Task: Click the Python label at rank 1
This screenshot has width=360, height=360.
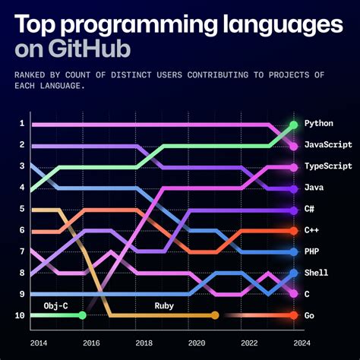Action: (x=319, y=123)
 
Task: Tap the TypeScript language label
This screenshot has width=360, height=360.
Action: (x=328, y=166)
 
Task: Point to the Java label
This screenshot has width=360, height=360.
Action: (x=314, y=188)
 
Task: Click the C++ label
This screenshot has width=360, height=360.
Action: (x=311, y=230)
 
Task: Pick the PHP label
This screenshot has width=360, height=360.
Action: (x=311, y=251)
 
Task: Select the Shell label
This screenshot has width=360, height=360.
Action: (x=316, y=273)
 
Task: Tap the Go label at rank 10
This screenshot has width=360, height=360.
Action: (x=309, y=315)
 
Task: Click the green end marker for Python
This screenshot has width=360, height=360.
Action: (x=293, y=124)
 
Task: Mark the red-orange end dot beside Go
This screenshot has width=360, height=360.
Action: (x=293, y=315)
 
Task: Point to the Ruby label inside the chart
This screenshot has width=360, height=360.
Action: (x=165, y=305)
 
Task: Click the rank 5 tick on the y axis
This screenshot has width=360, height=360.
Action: (x=22, y=209)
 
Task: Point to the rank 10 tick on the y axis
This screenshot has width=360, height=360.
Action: (x=21, y=315)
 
